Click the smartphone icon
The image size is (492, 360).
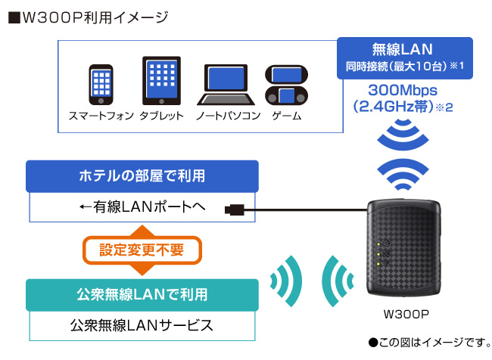(x=101, y=83)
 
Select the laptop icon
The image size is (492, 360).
(x=225, y=85)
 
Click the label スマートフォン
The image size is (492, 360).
(x=101, y=116)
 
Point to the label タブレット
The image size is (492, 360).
(x=161, y=116)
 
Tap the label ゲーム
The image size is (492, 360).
(x=287, y=116)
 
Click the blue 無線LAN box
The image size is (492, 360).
(x=404, y=58)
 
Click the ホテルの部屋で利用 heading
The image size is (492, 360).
(x=142, y=176)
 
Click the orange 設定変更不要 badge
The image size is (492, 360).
(x=142, y=249)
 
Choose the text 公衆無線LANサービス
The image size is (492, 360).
(x=142, y=325)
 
